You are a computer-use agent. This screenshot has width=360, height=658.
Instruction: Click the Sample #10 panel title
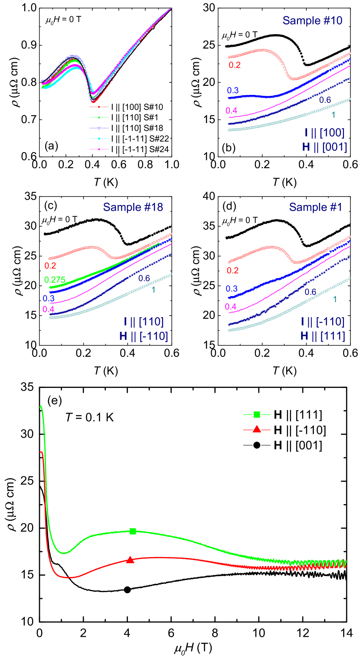tap(312, 21)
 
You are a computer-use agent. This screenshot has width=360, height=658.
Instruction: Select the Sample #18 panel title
tap(133, 208)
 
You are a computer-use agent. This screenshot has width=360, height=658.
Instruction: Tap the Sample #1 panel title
tap(315, 208)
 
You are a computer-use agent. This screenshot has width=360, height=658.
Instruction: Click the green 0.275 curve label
tap(55, 280)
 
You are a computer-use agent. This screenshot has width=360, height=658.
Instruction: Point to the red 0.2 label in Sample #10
tap(235, 65)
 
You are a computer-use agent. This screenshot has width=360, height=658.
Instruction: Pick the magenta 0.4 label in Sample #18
tap(48, 309)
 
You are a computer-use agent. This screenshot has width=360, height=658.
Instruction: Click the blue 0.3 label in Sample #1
tap(232, 289)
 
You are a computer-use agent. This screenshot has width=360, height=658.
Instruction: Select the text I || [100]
tap(324, 133)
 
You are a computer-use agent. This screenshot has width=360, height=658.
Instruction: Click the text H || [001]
tap(324, 147)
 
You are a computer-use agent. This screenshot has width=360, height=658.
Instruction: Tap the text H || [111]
tap(323, 336)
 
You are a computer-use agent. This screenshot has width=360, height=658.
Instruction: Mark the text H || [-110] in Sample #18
tap(143, 336)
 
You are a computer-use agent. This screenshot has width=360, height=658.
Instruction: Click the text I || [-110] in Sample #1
tap(323, 322)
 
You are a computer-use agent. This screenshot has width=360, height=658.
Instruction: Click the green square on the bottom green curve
tap(133, 531)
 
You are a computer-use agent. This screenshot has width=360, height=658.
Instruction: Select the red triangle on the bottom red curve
tap(130, 560)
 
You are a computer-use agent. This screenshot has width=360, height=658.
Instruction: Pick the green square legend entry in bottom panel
tap(257, 415)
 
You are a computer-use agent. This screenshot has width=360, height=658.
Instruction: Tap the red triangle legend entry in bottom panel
tap(257, 430)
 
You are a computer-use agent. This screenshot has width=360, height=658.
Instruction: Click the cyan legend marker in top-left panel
tap(99, 139)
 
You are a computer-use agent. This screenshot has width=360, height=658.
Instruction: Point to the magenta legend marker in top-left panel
tap(99, 149)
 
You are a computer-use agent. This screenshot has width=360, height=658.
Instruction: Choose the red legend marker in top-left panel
tap(99, 107)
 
